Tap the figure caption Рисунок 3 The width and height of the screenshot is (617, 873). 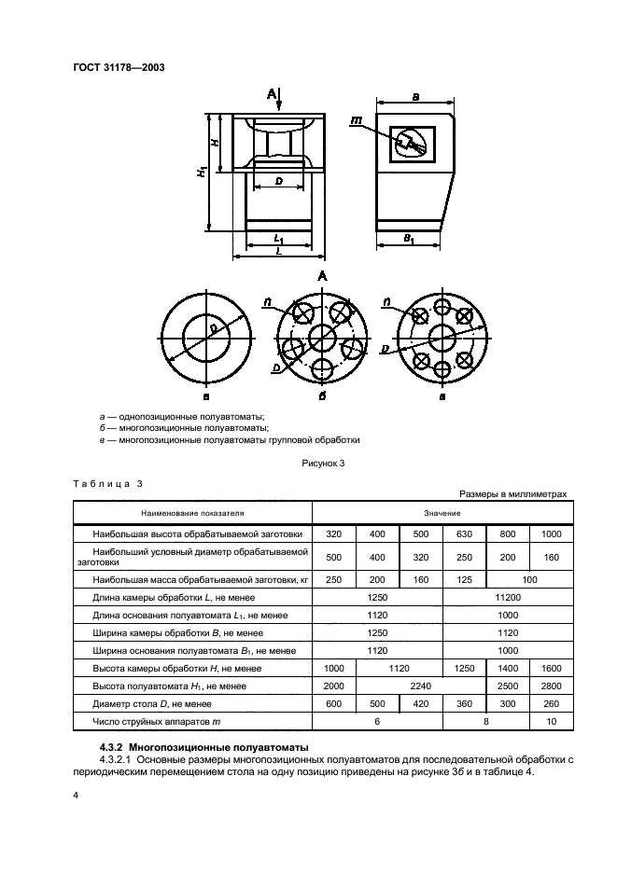[x=323, y=464]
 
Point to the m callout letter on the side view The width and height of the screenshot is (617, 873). [x=357, y=120]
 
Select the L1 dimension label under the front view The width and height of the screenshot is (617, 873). [x=278, y=240]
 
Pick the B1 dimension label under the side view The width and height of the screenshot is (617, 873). [x=410, y=240]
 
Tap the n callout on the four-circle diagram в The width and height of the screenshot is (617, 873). [x=386, y=302]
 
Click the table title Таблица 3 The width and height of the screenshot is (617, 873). [x=107, y=483]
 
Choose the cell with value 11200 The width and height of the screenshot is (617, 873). [x=507, y=596]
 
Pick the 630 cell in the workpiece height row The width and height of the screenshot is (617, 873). [x=464, y=534]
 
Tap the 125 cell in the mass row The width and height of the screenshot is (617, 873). [x=464, y=579]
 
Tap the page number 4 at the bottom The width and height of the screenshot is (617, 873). [x=76, y=796]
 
